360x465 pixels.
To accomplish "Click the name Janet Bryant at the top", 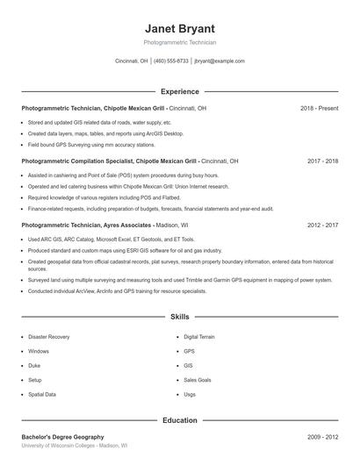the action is click(179, 28).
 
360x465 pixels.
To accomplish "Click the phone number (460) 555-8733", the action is click(171, 61).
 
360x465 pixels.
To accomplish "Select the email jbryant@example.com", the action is click(220, 61).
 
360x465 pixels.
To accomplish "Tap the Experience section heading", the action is click(179, 91).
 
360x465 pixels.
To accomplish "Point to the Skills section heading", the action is click(179, 316).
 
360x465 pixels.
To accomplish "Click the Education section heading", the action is click(179, 420).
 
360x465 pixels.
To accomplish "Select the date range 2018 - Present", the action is click(319, 108).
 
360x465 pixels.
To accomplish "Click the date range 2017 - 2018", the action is click(322, 161).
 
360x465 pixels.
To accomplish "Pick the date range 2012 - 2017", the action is click(322, 225).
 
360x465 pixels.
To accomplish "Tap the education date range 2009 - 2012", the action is click(322, 436).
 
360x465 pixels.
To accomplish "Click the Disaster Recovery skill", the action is click(49, 337).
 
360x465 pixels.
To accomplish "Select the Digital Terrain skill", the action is click(200, 337).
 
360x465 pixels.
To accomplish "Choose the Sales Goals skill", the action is click(198, 380).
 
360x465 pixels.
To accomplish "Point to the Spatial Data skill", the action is click(42, 395).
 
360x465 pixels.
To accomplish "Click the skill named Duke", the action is click(34, 366).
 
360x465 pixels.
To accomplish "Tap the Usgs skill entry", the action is click(190, 395).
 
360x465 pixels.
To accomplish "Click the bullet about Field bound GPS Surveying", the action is click(91, 144).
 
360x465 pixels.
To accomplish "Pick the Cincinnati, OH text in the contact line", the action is click(132, 61).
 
